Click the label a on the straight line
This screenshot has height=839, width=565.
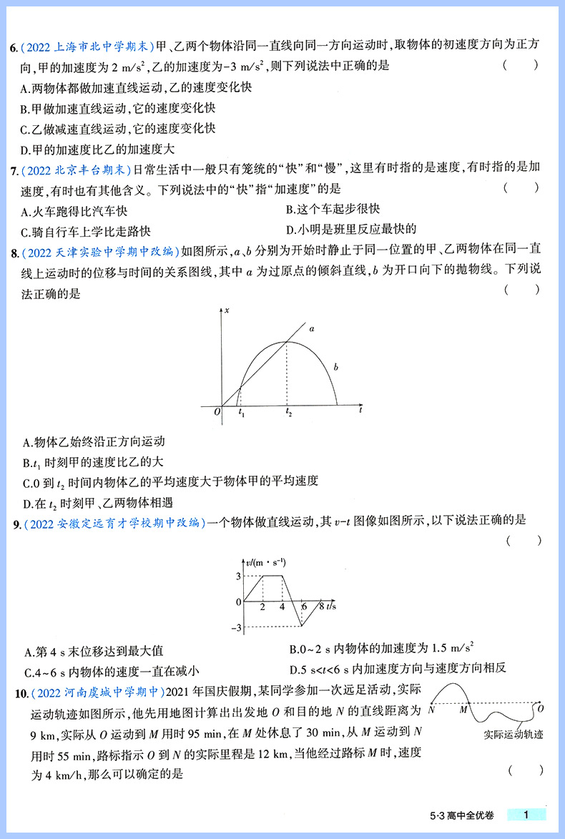point(311,329)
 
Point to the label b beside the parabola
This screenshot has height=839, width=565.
point(335,367)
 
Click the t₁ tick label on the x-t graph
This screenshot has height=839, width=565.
point(241,413)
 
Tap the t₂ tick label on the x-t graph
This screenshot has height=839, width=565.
point(288,413)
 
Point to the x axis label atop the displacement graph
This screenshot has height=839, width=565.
point(227,310)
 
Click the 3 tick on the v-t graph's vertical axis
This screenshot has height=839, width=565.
point(239,576)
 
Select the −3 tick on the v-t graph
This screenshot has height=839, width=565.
point(236,628)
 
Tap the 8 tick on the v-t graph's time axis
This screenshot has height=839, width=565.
point(321,607)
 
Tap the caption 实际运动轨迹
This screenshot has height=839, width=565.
point(513,732)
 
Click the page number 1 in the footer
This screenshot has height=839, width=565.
point(526,815)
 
